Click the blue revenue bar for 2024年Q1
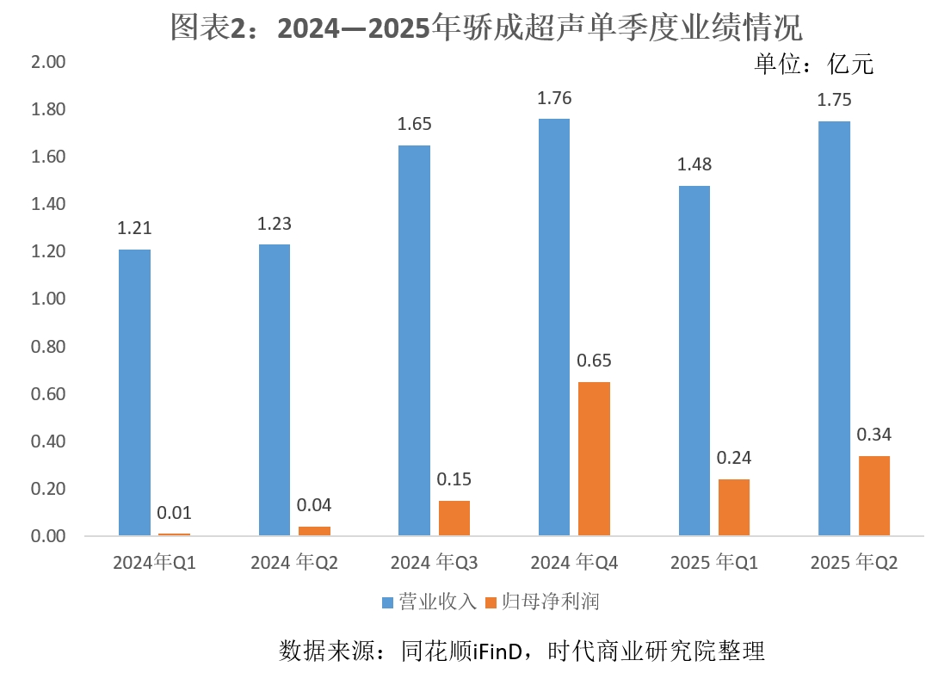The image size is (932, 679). (x=134, y=392)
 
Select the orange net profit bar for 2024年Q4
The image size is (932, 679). (x=594, y=459)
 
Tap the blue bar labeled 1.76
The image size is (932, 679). (x=553, y=327)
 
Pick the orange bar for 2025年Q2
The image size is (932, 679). (x=873, y=496)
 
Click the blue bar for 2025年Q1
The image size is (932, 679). (x=694, y=361)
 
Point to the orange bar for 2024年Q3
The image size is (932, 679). (x=454, y=518)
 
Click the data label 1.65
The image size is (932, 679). (x=414, y=124)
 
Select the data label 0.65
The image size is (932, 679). (x=594, y=361)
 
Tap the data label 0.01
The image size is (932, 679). (x=174, y=514)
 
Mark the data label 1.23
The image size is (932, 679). (x=275, y=224)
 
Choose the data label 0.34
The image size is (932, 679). (x=873, y=435)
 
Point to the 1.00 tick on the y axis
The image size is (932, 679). (x=47, y=299)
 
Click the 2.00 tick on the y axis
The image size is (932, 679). (x=47, y=63)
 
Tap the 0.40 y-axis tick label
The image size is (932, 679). (x=47, y=441)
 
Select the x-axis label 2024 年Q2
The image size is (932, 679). (x=294, y=564)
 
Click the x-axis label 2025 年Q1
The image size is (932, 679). (x=713, y=564)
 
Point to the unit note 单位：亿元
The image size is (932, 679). (x=814, y=65)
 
